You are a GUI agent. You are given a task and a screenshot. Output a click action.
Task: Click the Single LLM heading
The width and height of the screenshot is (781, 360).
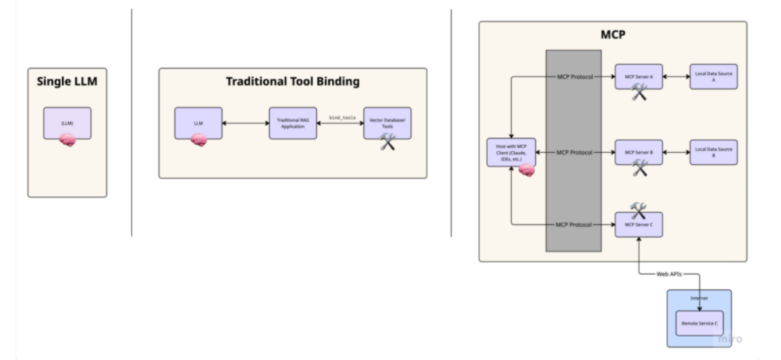click(x=67, y=82)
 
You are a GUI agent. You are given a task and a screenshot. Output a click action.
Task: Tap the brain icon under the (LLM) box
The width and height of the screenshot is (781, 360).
click(x=67, y=141)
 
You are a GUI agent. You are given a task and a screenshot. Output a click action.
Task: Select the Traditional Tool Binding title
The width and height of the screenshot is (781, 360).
click(x=292, y=82)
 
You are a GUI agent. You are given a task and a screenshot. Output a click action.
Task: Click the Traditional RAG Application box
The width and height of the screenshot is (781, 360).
click(x=293, y=124)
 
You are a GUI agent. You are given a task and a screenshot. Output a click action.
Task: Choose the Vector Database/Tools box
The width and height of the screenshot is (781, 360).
click(x=388, y=124)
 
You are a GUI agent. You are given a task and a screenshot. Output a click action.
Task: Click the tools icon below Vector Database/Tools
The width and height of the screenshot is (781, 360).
click(x=388, y=142)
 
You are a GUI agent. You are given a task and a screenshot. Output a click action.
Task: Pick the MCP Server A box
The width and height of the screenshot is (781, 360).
click(x=639, y=76)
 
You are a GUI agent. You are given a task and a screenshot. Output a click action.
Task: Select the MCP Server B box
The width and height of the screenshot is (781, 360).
click(x=639, y=153)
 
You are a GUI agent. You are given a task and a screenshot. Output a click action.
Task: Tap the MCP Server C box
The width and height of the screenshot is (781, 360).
click(x=639, y=225)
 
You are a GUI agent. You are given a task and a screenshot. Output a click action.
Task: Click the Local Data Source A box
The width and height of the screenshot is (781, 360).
click(x=714, y=76)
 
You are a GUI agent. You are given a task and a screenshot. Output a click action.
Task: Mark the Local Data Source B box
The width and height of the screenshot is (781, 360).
click(x=714, y=153)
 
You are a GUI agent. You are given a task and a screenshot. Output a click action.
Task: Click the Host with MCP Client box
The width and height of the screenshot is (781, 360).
click(x=511, y=153)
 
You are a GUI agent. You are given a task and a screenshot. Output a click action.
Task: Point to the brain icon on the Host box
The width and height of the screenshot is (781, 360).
click(x=526, y=171)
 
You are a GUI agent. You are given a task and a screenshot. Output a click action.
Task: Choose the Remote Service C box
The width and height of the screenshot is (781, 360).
click(x=699, y=323)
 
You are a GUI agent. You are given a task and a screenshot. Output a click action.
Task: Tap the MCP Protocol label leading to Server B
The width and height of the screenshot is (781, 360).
click(x=575, y=153)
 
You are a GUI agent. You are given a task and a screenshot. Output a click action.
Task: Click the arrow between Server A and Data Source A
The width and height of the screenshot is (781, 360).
click(x=675, y=76)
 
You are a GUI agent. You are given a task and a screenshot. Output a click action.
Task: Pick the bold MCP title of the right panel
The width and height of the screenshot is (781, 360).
click(x=613, y=34)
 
